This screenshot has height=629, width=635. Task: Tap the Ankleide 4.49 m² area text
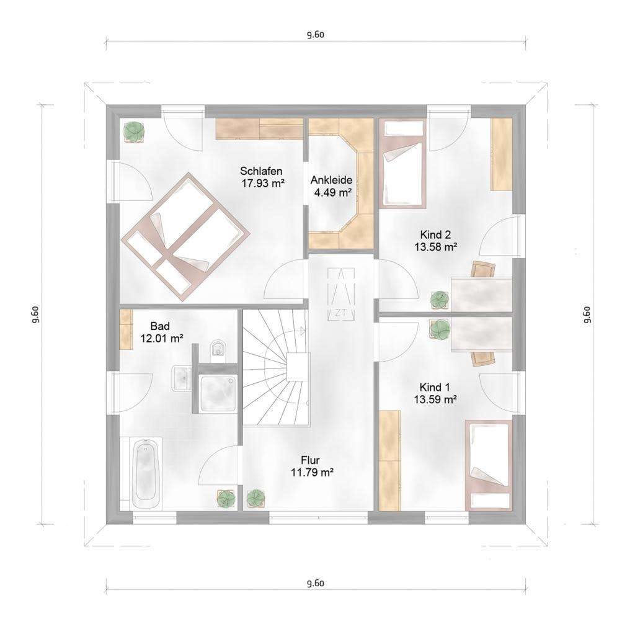pyautogui.click(x=331, y=186)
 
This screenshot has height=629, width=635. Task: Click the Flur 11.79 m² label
pyautogui.click(x=312, y=466)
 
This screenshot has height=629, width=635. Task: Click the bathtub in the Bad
pyautogui.click(x=146, y=473)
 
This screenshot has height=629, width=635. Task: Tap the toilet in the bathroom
pyautogui.click(x=218, y=349)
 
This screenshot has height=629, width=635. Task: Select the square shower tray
pyautogui.click(x=218, y=393)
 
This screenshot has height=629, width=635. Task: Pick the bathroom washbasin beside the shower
pyautogui.click(x=182, y=378)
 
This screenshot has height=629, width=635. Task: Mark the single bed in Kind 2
pyautogui.click(x=402, y=164)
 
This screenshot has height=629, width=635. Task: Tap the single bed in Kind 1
pyautogui.click(x=489, y=465)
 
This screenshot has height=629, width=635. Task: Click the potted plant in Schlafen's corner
pyautogui.click(x=134, y=132)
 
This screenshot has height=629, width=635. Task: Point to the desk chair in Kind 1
pyautogui.click(x=483, y=358)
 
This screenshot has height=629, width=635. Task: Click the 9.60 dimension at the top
pyautogui.click(x=316, y=34)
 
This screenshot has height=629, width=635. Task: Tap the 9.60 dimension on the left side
pyautogui.click(x=35, y=314)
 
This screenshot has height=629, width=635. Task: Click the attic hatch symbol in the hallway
pyautogui.click(x=341, y=293)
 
